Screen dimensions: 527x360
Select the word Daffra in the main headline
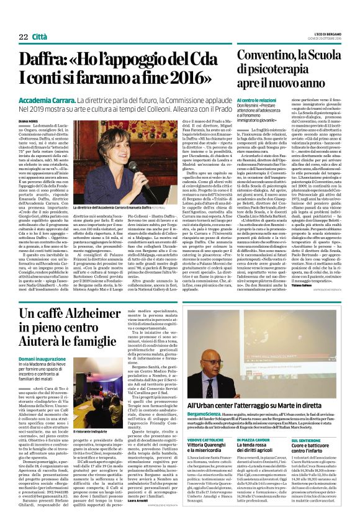coord(42,60)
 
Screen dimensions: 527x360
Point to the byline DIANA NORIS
coord(30,121)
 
